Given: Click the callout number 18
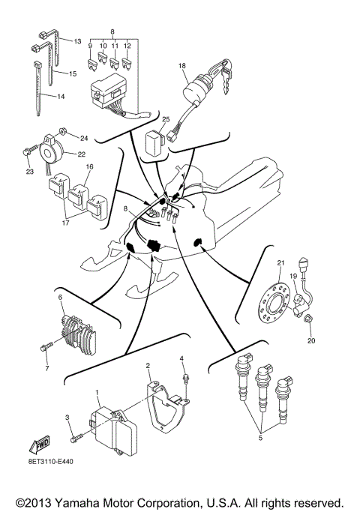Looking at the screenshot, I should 181,67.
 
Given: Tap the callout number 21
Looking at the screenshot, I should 281,263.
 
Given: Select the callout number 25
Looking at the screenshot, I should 166,119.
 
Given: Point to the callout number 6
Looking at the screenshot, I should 60,298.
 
